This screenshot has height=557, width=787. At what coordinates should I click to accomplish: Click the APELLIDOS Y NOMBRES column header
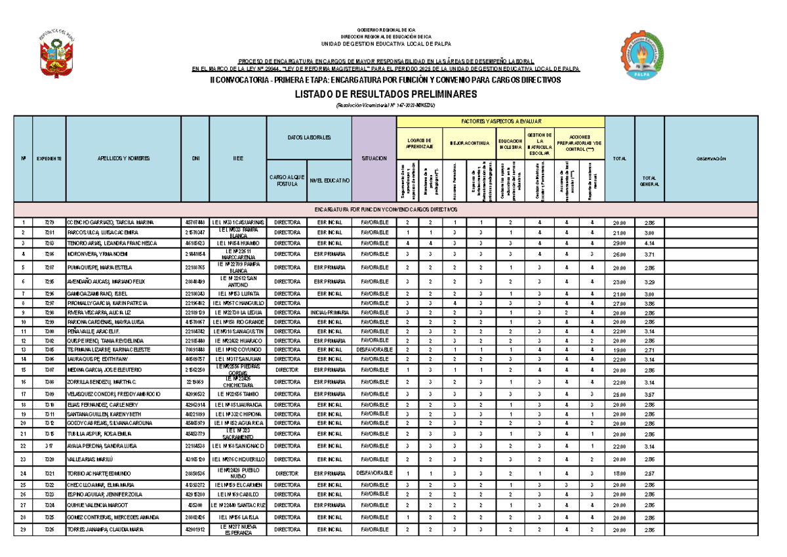coord(123,159)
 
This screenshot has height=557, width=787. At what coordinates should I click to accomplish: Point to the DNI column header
coord(195,159)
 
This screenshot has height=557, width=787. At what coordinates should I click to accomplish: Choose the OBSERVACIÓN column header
coord(721,159)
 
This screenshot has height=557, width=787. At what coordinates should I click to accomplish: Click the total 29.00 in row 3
coord(619,243)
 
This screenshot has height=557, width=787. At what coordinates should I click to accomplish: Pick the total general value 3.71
coord(649,254)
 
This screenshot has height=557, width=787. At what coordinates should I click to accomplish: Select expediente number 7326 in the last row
coord(49,529)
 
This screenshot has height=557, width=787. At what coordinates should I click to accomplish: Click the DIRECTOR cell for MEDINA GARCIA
coord(287,370)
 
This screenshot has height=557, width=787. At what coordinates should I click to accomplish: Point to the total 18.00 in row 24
coord(619,473)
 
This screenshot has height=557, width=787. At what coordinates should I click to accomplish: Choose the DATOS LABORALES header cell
coord(309,138)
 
